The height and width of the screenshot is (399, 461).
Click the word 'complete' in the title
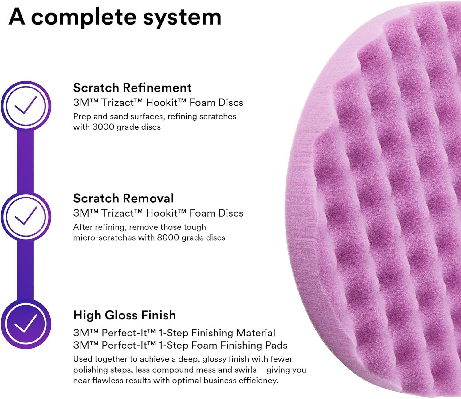[x=83, y=18]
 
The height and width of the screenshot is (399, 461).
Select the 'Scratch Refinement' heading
[x=132, y=88]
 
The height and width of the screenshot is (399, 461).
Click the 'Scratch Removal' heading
[x=123, y=198]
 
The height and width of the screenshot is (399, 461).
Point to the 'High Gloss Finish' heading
[x=124, y=315]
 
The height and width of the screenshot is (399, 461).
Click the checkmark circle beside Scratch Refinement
[x=26, y=105]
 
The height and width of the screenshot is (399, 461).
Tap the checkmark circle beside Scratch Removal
[x=26, y=216]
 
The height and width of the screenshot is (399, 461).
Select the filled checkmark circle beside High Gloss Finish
[x=26, y=324]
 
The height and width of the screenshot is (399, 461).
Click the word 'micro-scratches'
[x=104, y=238]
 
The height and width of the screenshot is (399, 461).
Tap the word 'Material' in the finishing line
[x=256, y=333]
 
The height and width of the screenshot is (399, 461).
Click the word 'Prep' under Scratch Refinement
[x=81, y=117]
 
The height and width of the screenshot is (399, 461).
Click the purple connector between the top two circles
[x=26, y=161]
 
